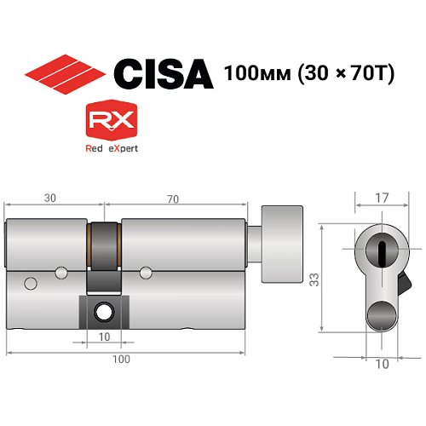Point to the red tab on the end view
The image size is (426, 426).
pyautogui.click(x=404, y=279)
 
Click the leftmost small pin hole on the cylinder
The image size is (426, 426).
pyautogui.click(x=31, y=283)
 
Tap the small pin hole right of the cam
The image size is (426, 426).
pyautogui.click(x=146, y=273)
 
